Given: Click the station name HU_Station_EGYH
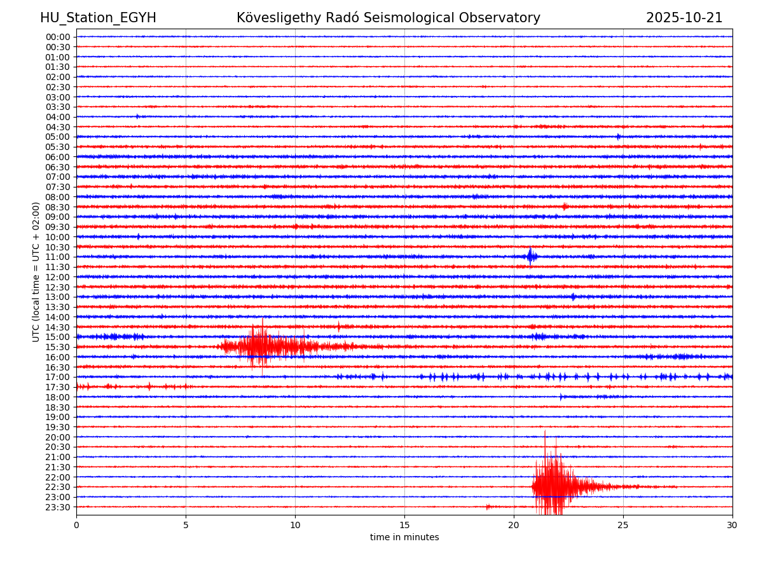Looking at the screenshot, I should click(x=98, y=18).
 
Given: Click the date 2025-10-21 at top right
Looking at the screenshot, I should click(x=684, y=18).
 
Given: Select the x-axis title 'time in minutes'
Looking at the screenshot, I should click(x=404, y=538).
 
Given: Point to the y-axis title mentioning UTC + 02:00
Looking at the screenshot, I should click(x=36, y=272).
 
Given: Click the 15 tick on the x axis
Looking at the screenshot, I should click(x=404, y=525).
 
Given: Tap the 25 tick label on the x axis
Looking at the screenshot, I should click(x=623, y=525).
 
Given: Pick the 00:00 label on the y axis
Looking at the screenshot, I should click(x=58, y=37).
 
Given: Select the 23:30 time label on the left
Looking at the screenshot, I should click(x=58, y=507).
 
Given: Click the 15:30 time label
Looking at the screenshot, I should click(x=58, y=347).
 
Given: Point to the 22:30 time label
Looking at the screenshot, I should click(x=58, y=487).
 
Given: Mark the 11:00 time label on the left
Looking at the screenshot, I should click(x=58, y=257).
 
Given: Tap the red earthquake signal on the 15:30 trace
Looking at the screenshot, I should click(x=267, y=346).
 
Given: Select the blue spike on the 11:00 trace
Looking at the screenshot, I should click(x=530, y=256).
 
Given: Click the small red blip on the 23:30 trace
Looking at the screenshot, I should click(x=488, y=507).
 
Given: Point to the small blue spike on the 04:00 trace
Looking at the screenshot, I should click(x=137, y=116).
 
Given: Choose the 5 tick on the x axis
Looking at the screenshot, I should click(x=186, y=525).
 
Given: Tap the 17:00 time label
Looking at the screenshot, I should click(x=58, y=377).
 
